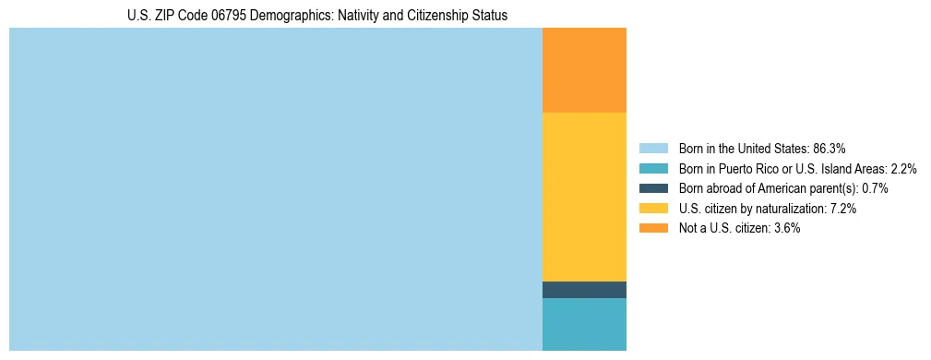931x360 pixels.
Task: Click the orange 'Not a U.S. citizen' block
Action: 584,70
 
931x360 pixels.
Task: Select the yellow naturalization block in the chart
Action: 584,197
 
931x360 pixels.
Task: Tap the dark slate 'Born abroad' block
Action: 584,290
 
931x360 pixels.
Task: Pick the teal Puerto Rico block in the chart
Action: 584,324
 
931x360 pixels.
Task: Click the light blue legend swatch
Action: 653,149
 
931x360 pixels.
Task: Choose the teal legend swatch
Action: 653,169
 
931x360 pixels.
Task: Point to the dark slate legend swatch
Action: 653,188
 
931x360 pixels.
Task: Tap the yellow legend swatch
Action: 653,209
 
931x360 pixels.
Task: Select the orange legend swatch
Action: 653,228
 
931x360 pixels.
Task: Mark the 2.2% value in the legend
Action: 903,169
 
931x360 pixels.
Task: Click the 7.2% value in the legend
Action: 843,209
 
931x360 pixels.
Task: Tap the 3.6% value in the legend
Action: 786,228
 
